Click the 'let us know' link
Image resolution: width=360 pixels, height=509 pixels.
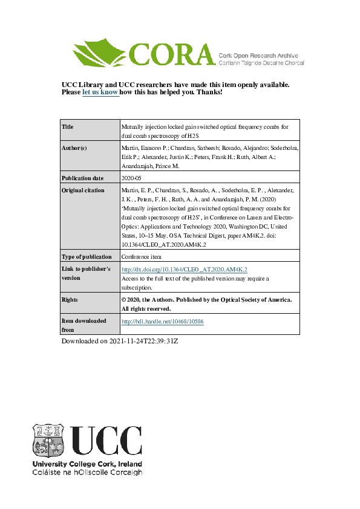click(x=100, y=92)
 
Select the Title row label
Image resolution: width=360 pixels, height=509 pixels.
click(x=68, y=127)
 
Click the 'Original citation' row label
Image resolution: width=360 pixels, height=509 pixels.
click(x=83, y=190)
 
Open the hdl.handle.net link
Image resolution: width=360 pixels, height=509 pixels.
click(x=162, y=322)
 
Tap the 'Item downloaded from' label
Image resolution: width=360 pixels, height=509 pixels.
click(x=84, y=325)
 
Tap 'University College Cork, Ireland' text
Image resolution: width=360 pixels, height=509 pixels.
click(x=87, y=464)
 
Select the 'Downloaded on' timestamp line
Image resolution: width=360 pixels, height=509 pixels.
click(x=120, y=342)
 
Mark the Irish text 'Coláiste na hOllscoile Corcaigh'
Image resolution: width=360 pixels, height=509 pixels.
click(x=87, y=472)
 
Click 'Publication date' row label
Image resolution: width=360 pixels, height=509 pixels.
click(x=83, y=178)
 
